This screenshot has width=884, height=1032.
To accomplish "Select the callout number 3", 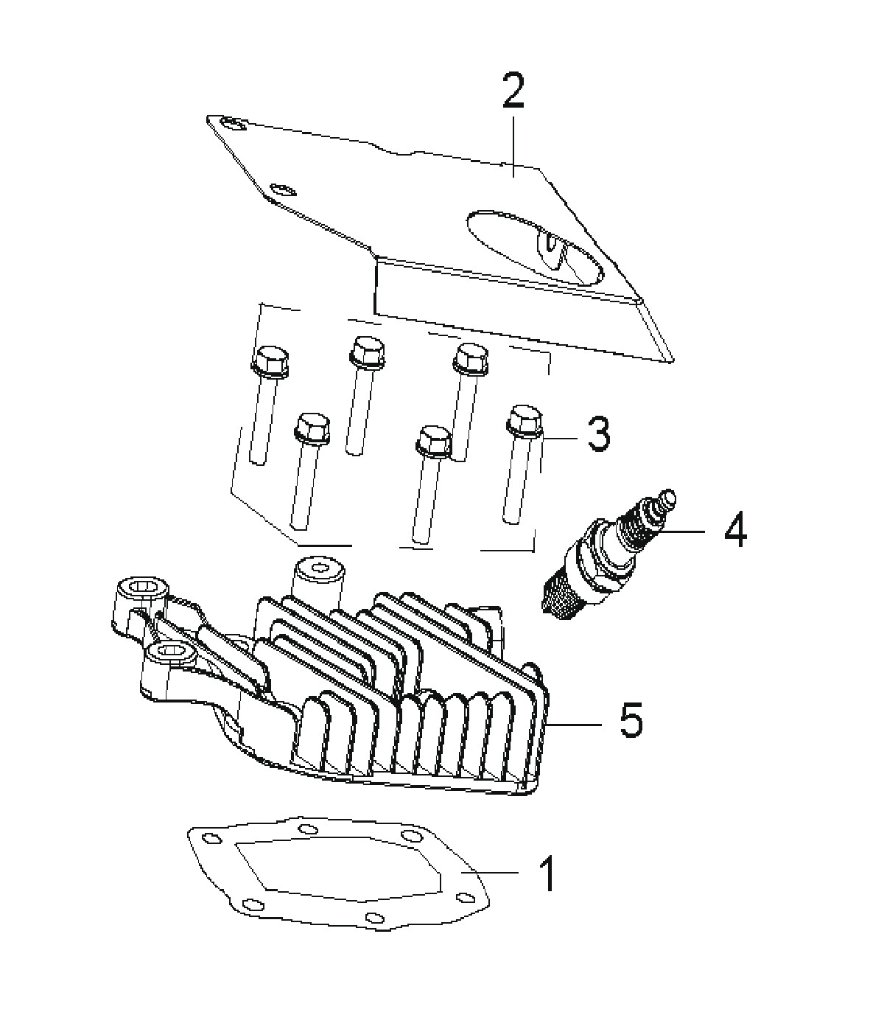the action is (598, 434).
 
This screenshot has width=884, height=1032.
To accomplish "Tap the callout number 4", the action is (735, 529).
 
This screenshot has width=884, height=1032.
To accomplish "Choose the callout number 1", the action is (547, 873).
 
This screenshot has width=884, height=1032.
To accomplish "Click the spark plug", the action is (608, 554).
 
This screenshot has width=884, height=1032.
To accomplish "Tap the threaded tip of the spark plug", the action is (561, 599).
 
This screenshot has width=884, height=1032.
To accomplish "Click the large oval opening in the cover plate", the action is (536, 247).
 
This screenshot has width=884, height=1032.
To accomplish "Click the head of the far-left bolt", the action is (270, 360).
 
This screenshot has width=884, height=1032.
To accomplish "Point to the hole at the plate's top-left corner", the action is (233, 122).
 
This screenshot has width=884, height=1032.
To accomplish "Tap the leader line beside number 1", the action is (490, 872).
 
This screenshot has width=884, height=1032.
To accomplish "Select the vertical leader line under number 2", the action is (513, 145).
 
